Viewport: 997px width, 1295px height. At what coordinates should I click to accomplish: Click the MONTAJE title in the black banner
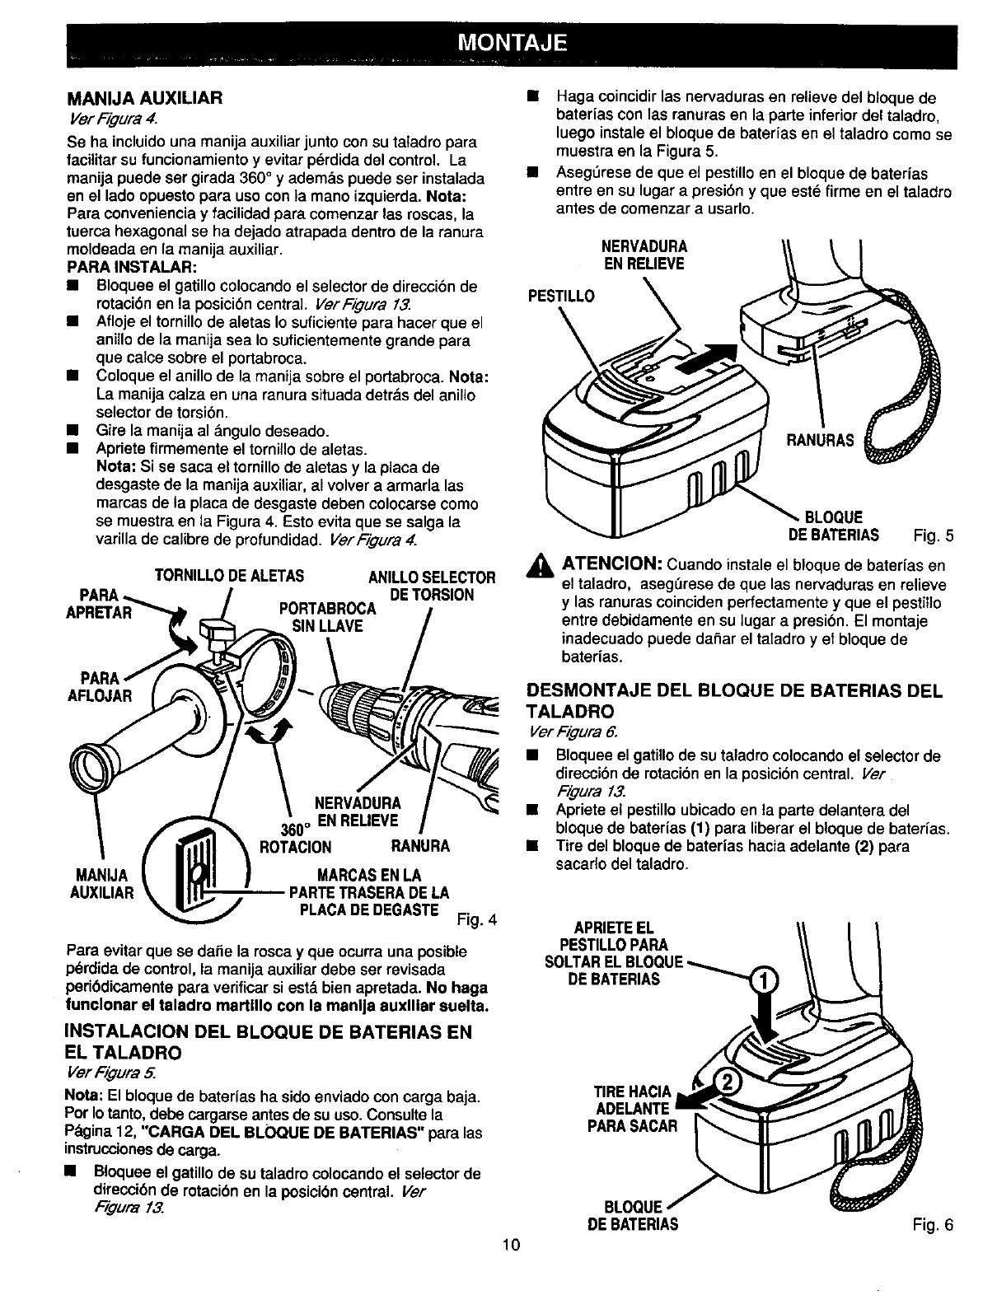coord(511,43)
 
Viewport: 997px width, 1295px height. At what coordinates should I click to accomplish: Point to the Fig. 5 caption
coord(933,536)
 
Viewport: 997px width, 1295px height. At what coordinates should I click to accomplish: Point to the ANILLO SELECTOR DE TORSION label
coord(431,586)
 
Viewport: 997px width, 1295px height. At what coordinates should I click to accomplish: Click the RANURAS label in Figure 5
coord(819,440)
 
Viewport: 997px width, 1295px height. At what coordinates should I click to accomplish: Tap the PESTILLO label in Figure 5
coord(560,295)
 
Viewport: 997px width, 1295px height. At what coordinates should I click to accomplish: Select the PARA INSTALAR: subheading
coord(132,268)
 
